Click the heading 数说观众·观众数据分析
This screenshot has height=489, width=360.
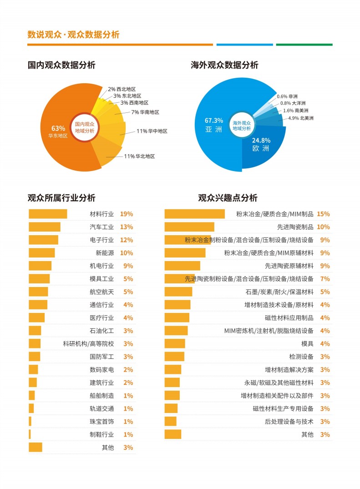tap(73, 35)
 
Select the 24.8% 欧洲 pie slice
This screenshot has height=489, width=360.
tap(261, 146)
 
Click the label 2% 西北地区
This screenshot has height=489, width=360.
tap(122, 89)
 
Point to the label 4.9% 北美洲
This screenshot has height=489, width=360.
tap(301, 118)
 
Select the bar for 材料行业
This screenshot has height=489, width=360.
tap(48, 214)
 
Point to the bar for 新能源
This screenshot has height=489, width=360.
tap(41, 253)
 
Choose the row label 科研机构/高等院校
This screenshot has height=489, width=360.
tap(88, 344)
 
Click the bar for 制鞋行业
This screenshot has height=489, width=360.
tap(30, 434)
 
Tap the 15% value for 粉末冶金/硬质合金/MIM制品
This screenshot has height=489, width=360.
tap(323, 214)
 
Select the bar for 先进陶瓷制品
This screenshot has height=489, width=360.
tap(189, 227)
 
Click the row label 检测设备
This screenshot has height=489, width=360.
tap(301, 357)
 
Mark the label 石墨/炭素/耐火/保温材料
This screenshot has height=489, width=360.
tap(279, 292)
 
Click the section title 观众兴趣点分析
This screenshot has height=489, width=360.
tap(228, 198)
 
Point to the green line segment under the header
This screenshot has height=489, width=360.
tap(304, 45)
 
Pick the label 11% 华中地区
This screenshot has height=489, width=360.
tap(152, 131)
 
